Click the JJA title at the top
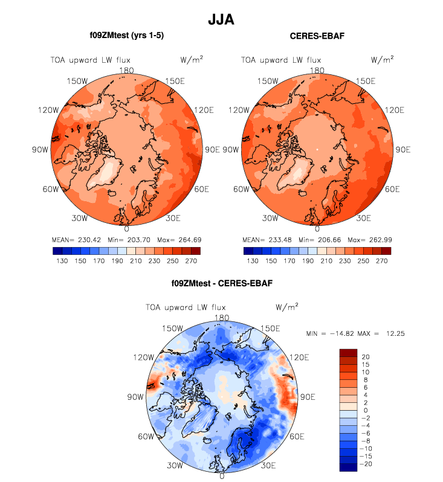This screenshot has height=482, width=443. pyautogui.click(x=221, y=19)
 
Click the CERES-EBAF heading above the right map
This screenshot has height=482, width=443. pyautogui.click(x=317, y=36)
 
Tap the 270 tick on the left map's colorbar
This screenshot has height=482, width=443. pyautogui.click(x=190, y=262)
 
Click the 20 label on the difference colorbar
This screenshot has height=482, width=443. pyautogui.click(x=364, y=356)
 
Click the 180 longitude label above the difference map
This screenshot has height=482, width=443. pyautogui.click(x=222, y=318)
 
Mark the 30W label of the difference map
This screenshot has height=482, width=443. pyautogui.click(x=175, y=466)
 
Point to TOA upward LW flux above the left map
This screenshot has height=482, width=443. pyautogui.click(x=89, y=60)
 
